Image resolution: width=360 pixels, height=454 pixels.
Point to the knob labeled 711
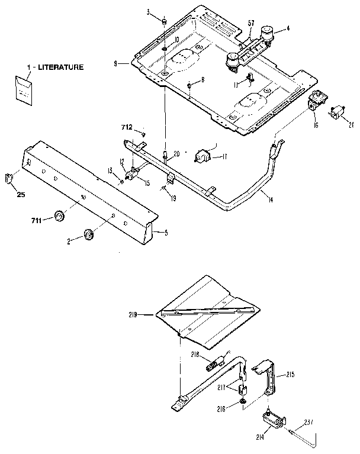(59, 217)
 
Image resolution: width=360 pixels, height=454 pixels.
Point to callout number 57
(251, 23)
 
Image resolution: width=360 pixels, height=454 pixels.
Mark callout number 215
(290, 375)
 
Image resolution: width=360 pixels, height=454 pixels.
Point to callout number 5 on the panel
(166, 233)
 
